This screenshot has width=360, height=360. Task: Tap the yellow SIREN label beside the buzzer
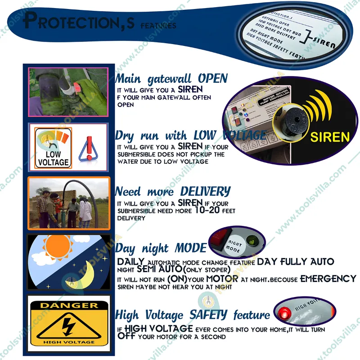click(x=330, y=136)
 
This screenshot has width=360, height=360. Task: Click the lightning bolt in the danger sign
click(x=68, y=327)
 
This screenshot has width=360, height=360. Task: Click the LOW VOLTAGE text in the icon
click(x=53, y=158)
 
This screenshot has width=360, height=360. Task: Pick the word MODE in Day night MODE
click(x=191, y=248)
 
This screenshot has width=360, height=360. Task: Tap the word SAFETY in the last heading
click(x=210, y=315)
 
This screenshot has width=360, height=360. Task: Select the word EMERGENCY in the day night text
click(x=328, y=279)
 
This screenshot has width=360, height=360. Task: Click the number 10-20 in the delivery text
click(x=211, y=210)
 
